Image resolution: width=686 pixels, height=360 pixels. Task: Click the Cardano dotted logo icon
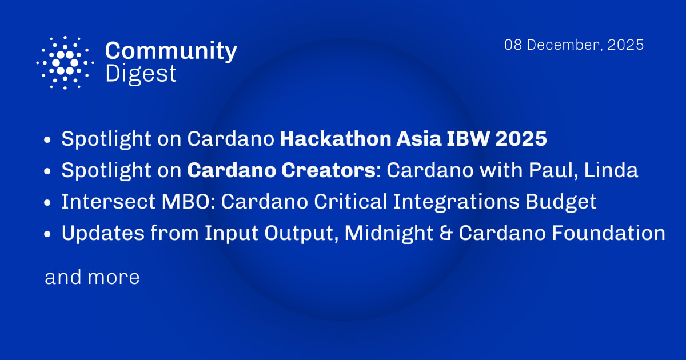[x=65, y=62]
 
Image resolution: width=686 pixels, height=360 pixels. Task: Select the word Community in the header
[x=171, y=51]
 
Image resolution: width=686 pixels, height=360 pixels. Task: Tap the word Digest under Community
[x=141, y=74]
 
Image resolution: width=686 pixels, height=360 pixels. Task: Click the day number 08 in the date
[x=513, y=45]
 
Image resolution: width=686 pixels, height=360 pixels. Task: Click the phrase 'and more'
[x=92, y=278]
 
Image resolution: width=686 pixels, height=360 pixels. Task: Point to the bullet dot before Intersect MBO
[x=49, y=202]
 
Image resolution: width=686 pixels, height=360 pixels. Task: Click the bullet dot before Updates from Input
[x=49, y=234]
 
